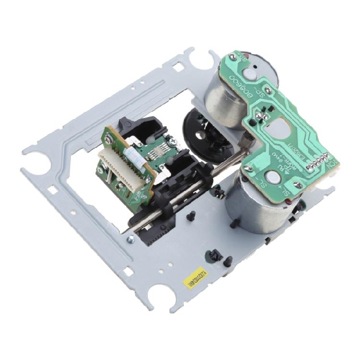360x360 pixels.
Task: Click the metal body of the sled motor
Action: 262,211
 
